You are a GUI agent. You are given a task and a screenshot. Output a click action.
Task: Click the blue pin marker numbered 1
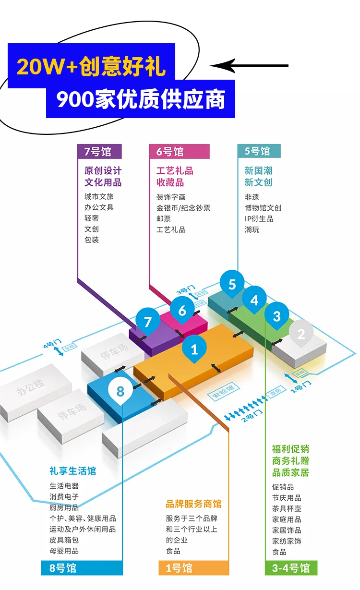tap(194, 349)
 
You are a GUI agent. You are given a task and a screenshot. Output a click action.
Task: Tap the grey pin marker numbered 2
tap(301, 334)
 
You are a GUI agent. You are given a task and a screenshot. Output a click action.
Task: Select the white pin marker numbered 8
tap(120, 391)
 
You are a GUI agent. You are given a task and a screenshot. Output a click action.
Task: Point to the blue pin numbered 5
tap(232, 284)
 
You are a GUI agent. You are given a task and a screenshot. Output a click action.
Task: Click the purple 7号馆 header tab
tap(99, 151)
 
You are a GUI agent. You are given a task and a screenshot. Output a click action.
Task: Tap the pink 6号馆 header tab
tap(180, 151)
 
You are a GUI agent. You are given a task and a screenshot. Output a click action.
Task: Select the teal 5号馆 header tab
tap(259, 151)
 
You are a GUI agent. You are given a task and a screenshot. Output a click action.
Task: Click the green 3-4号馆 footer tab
tap(291, 567)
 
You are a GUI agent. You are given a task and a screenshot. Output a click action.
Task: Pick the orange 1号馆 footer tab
tap(194, 567)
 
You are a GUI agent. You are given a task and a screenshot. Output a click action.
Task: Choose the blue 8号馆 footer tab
tap(82, 567)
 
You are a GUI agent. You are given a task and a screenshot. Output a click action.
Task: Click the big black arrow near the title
tap(249, 66)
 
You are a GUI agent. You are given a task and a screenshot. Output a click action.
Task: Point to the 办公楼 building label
tap(30, 387)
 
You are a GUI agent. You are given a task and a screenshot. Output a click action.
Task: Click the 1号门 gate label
tap(301, 387)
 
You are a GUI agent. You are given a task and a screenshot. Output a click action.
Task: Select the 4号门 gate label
tap(53, 343)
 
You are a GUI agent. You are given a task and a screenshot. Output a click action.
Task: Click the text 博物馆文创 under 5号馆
tap(263, 208)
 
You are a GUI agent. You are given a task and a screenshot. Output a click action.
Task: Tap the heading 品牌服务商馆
tap(193, 504)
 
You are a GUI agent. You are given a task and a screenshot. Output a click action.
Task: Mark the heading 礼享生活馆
tap(72, 470)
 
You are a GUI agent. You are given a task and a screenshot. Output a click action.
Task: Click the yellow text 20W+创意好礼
tap(91, 66)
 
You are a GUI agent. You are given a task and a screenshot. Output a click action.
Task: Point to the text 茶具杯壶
tap(287, 508)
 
